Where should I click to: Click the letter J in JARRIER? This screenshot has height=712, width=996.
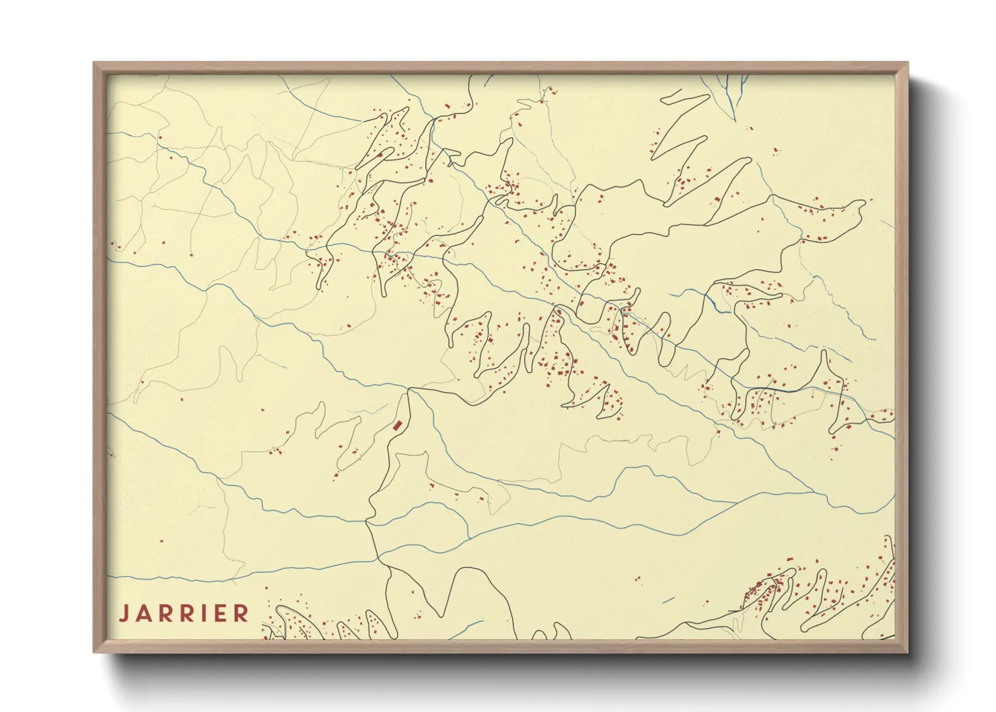(x=123, y=614)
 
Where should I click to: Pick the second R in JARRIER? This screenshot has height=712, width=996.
(x=188, y=614)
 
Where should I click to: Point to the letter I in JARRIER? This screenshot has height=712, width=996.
(x=205, y=614)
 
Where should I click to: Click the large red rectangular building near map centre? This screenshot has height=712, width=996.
(x=398, y=425)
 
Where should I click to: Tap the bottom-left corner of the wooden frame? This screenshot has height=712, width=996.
(x=95, y=651)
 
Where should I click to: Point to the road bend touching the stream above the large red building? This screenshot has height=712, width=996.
(x=409, y=389)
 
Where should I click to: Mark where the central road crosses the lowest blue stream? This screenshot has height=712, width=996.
(x=379, y=558)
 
